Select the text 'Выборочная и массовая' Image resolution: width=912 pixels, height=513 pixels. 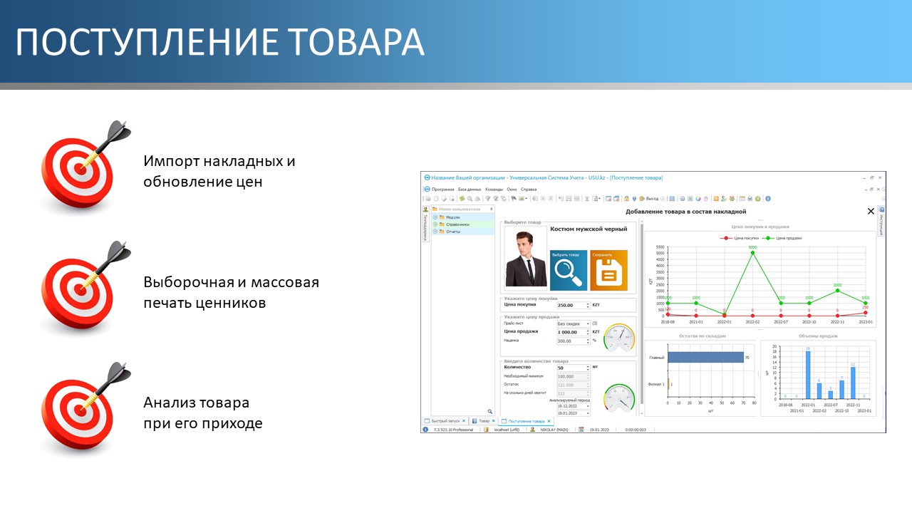231,282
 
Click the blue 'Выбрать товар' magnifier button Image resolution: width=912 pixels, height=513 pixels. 569,271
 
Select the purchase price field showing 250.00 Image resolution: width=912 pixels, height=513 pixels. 573,305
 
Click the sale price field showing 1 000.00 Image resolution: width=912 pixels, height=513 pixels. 573,332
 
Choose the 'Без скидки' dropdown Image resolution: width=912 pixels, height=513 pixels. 573,323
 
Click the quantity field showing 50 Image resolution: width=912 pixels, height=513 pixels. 573,368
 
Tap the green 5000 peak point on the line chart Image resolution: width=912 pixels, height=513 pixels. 752,253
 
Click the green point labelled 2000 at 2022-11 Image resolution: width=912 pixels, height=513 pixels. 837,290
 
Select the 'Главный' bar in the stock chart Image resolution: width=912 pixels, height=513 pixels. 705,358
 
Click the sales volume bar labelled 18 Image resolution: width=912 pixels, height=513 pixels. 808,375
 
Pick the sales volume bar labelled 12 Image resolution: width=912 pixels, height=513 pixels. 853,383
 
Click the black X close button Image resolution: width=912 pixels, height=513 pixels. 870,212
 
